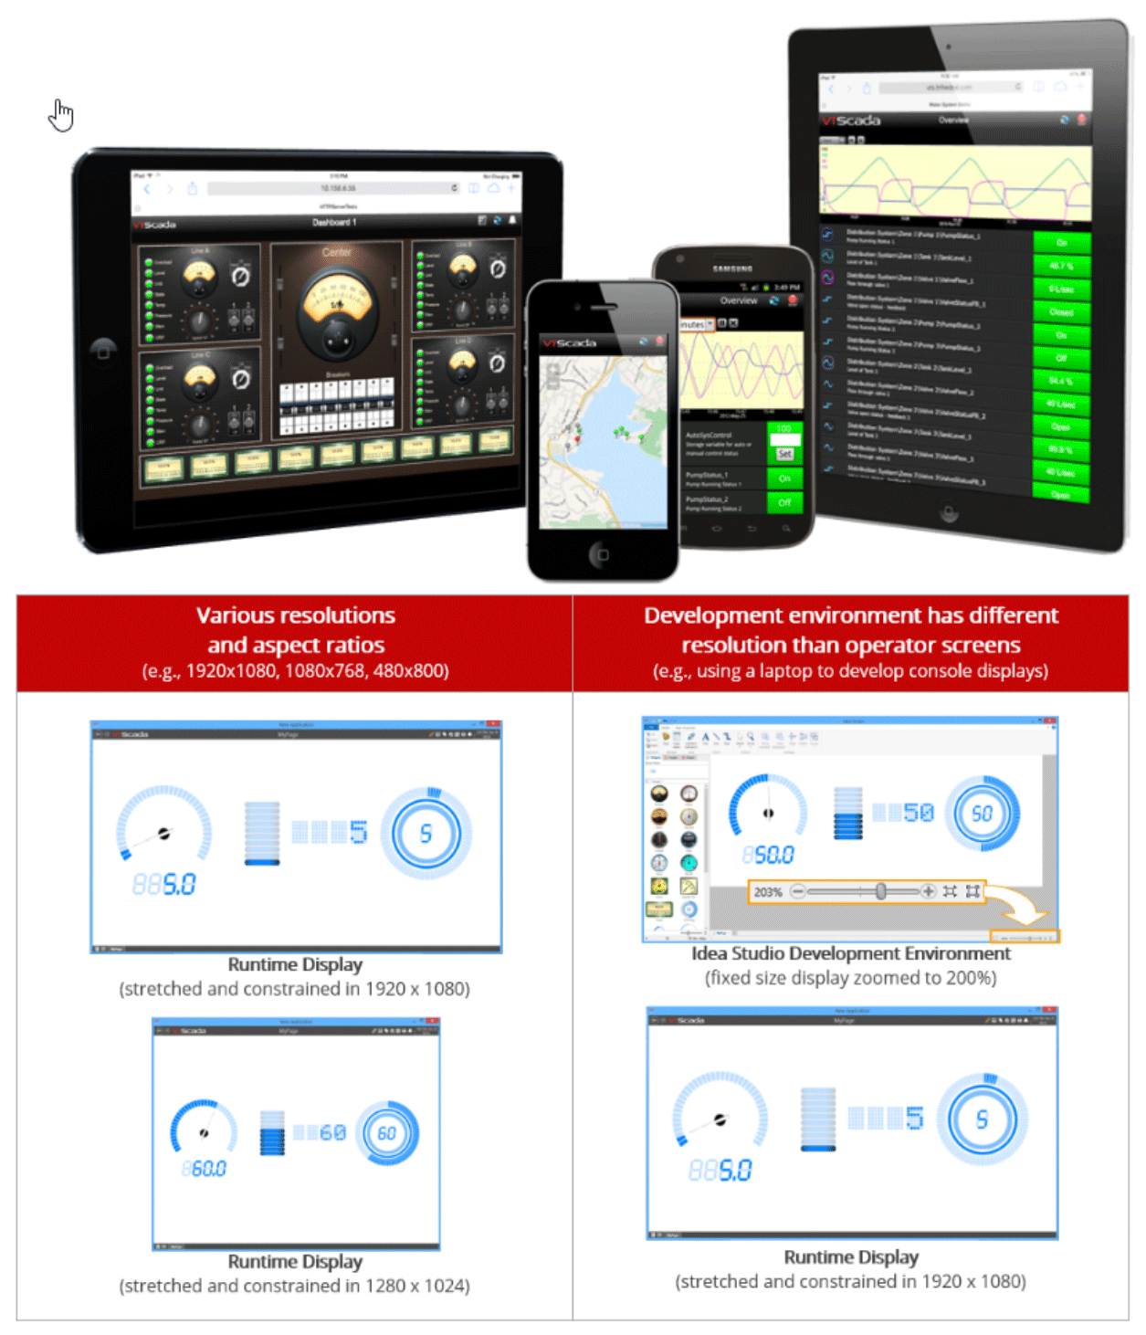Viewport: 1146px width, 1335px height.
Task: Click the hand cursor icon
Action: pyautogui.click(x=61, y=115)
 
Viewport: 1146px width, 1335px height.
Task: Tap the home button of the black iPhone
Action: pyautogui.click(x=600, y=554)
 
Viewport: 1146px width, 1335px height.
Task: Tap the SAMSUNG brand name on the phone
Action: pyautogui.click(x=732, y=268)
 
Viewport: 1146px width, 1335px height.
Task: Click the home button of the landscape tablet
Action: pyautogui.click(x=103, y=349)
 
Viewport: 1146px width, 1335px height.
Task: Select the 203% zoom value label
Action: pyautogui.click(x=768, y=892)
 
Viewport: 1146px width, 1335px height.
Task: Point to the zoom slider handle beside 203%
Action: pyautogui.click(x=880, y=891)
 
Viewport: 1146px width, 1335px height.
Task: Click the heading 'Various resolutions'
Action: pyautogui.click(x=295, y=615)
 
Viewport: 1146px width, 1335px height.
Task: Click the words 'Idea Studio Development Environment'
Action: pyautogui.click(x=850, y=953)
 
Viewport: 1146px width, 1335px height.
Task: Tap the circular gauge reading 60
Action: pyautogui.click(x=387, y=1133)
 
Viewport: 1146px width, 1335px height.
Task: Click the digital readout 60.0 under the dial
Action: pyautogui.click(x=205, y=1169)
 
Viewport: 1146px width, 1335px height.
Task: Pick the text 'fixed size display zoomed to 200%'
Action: pyautogui.click(x=850, y=978)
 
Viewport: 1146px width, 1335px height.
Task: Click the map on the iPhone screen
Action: pyautogui.click(x=603, y=443)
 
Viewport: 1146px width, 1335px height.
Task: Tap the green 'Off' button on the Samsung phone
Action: pyautogui.click(x=784, y=502)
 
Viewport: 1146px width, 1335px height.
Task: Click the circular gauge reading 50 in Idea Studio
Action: pyautogui.click(x=982, y=814)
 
